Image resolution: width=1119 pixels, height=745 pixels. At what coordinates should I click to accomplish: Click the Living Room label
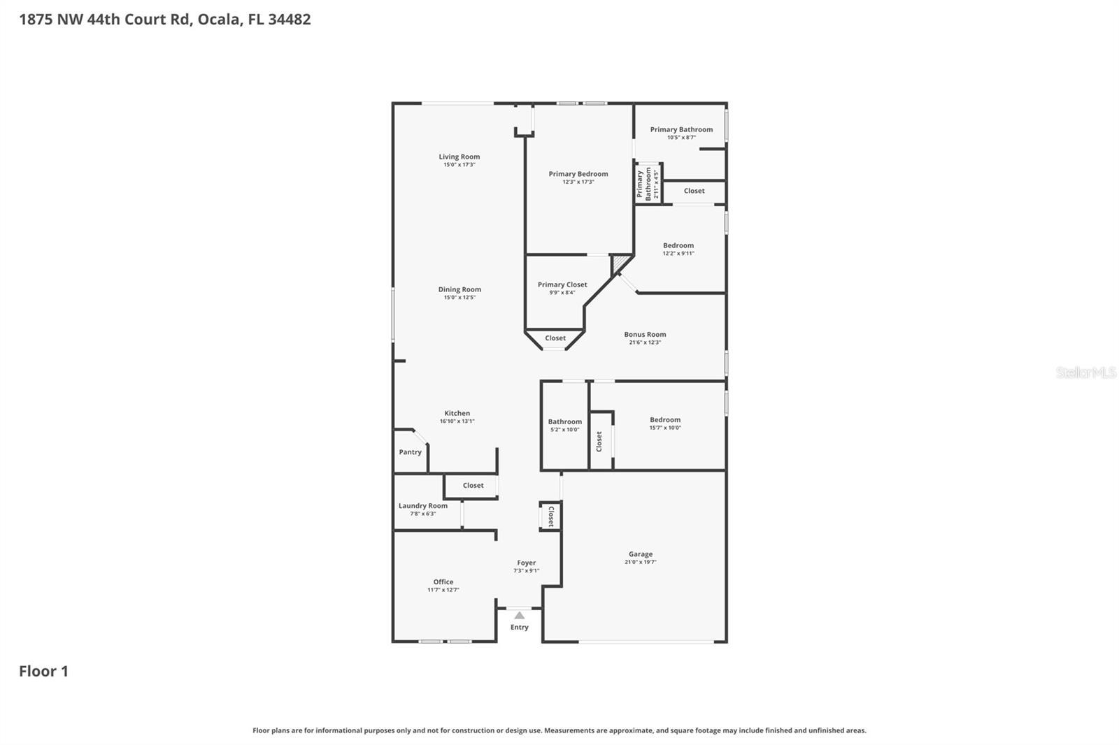coord(459,157)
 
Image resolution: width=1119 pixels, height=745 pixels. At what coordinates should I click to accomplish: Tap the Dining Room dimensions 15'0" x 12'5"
coord(459,298)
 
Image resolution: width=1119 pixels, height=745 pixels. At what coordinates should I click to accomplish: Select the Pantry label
coord(411,452)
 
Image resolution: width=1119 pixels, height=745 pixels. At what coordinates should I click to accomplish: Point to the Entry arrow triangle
coord(519,616)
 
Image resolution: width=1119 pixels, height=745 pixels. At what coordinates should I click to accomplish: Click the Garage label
coord(641,554)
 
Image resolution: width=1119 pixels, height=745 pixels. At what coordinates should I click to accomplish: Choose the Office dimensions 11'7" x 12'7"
coord(443,590)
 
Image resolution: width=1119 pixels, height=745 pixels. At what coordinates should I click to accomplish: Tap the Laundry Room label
coord(423,505)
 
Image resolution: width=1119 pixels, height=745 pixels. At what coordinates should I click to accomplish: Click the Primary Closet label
coord(562,284)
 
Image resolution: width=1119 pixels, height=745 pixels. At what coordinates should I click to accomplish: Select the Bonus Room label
coord(645,334)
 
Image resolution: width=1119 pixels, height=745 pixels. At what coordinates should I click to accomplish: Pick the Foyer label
coord(527,563)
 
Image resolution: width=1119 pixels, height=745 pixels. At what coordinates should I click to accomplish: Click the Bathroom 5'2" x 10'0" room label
coord(564,421)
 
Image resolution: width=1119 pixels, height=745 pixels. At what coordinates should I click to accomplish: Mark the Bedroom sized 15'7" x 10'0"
coord(665,420)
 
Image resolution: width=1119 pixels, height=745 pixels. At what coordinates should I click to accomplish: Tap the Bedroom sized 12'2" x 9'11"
coord(678,245)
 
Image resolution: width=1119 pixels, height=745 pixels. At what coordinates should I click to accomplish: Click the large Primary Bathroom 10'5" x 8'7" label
coord(681,129)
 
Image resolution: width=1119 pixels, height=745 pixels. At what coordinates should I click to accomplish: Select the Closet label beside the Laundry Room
coord(473,485)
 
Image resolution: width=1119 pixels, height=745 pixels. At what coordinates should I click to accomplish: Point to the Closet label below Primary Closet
coord(555,338)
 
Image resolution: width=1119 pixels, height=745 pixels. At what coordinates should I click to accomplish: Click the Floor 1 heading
coord(43,671)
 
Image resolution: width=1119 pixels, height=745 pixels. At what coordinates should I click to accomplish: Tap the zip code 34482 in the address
coord(289,20)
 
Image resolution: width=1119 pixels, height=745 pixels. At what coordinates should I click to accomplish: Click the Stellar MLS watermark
coord(1085,372)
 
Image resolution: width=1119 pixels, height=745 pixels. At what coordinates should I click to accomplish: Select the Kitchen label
coord(457,413)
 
